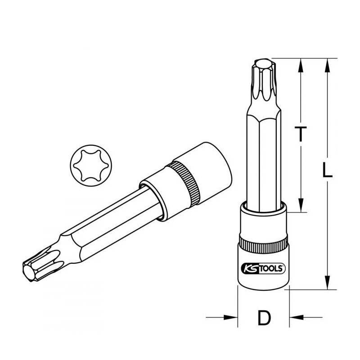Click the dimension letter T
coord(301,134)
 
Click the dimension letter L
coord(327,170)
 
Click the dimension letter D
coord(264,318)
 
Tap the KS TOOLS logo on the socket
coord(263,268)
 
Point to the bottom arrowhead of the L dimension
coord(328,282)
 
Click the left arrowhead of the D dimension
coord(230,318)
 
